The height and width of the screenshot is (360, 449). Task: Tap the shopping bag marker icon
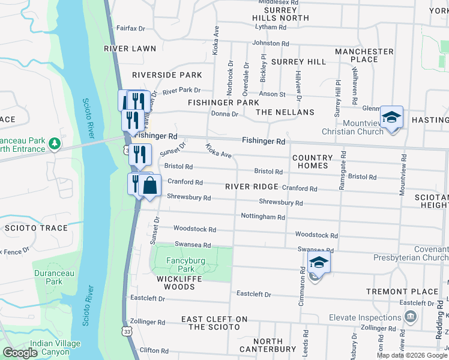150,186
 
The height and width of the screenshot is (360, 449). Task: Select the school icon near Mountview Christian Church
391,118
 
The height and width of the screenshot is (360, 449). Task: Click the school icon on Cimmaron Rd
319,263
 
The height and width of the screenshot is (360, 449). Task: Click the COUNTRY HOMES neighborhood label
312,161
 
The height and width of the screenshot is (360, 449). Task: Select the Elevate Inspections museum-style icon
411,316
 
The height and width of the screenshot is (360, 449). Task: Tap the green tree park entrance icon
55,143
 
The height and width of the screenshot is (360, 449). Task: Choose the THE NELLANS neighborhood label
285,112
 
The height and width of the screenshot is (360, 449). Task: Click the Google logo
20,353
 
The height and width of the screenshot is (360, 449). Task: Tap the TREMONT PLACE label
404,292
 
